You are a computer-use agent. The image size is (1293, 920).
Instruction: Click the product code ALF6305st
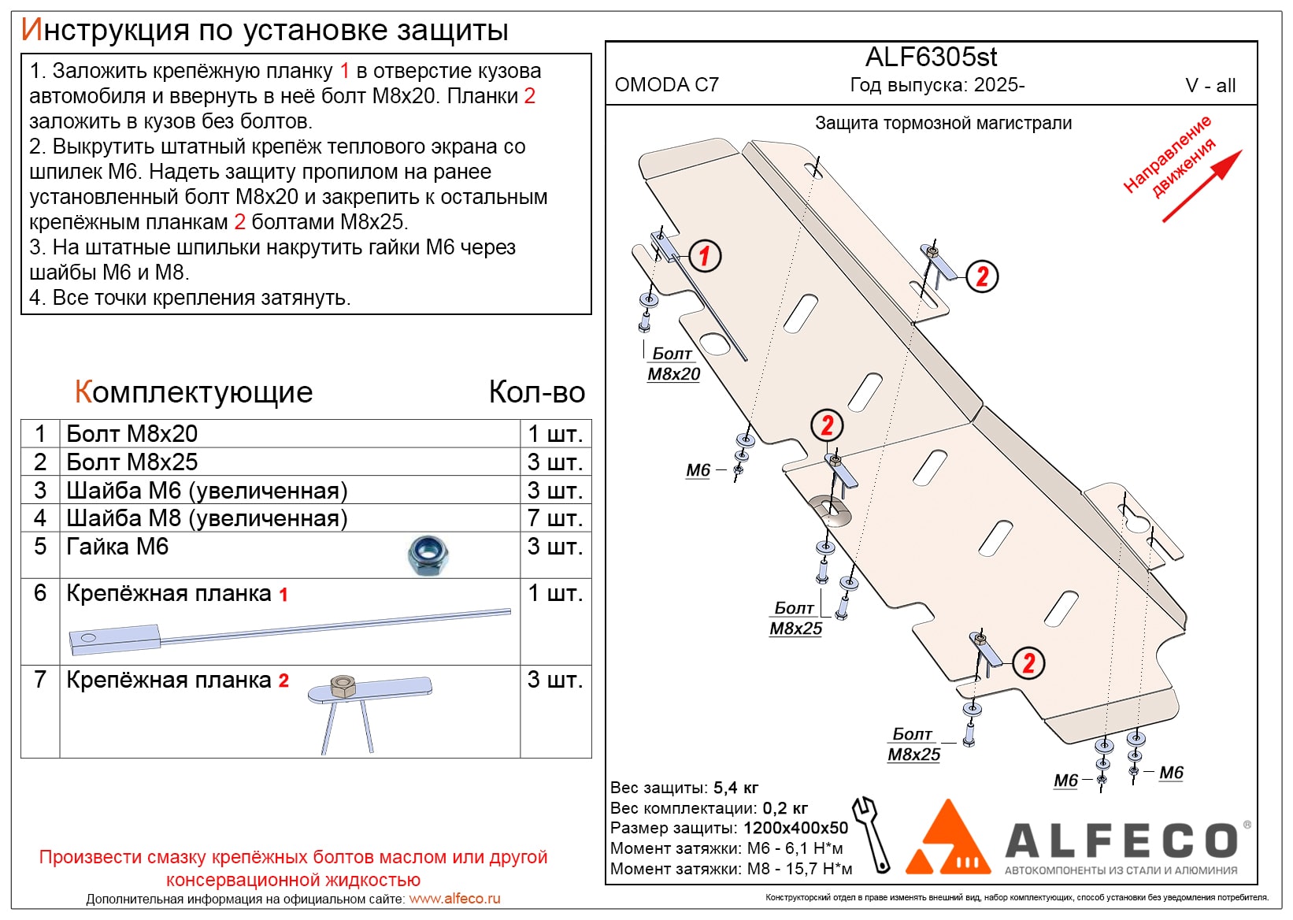[931, 57]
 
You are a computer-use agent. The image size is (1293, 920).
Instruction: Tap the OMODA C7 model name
[667, 85]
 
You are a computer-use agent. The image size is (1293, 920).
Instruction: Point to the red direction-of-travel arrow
[1201, 186]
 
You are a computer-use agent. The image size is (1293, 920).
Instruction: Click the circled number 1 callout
[705, 256]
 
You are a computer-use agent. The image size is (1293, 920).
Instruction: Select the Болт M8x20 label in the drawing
[673, 364]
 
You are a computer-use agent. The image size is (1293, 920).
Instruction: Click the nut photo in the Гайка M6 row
[428, 555]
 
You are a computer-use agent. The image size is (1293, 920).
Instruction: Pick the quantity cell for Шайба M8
[555, 518]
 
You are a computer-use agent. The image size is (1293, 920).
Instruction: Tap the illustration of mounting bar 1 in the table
[290, 632]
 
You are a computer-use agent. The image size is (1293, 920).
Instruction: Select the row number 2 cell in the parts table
[40, 462]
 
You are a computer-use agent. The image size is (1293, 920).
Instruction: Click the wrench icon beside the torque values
[871, 834]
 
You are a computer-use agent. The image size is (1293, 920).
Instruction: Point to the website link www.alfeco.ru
[454, 899]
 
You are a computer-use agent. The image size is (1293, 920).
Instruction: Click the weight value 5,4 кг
[736, 788]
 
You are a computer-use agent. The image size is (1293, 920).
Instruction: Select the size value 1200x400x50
[795, 828]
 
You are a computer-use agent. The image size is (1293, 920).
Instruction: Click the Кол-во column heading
[537, 392]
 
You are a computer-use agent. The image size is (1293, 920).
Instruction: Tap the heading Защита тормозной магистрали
[943, 123]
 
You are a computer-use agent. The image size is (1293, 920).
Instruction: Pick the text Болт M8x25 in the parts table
[132, 462]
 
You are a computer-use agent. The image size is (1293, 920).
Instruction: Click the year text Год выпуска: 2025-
[937, 85]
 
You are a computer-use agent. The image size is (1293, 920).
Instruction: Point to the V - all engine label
[1210, 86]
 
